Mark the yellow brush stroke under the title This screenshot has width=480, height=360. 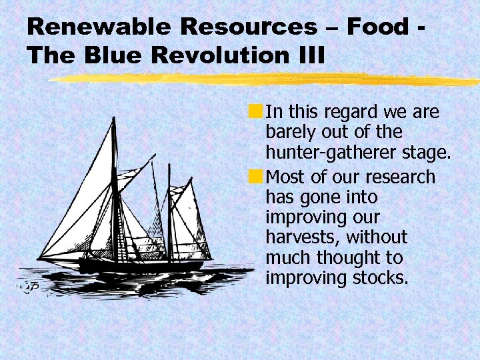(x=267, y=79)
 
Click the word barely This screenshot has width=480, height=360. (x=289, y=132)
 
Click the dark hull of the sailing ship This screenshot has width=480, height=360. (x=140, y=265)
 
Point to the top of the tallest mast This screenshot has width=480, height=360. (x=113, y=119)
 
